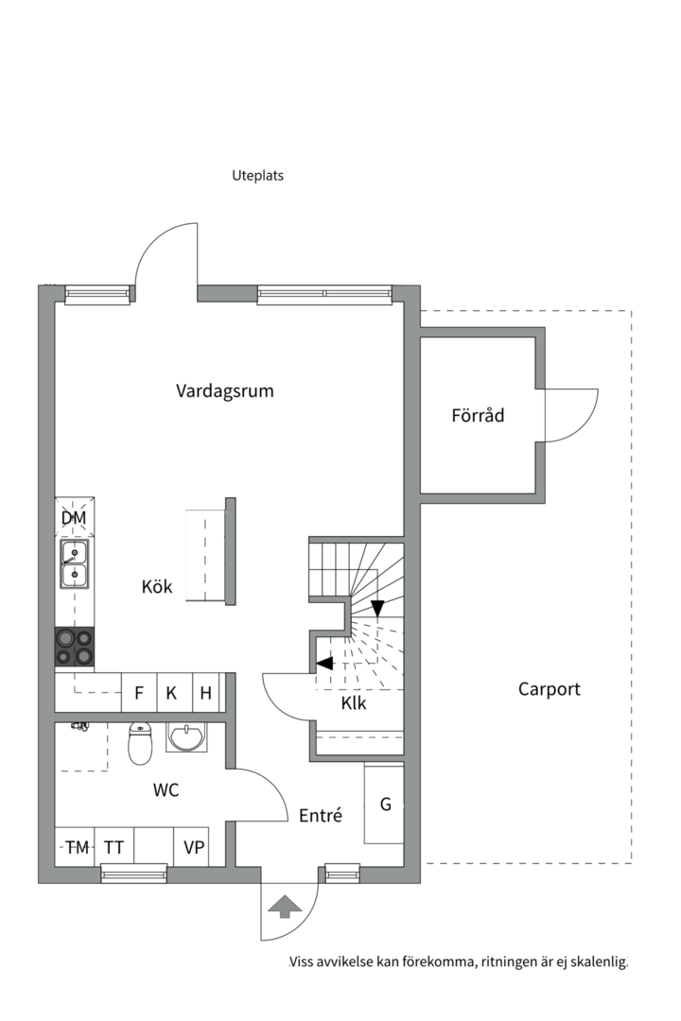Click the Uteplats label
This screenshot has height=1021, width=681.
pos(257,175)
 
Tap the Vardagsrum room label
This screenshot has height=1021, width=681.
pos(225,390)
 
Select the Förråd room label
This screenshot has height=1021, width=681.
pos(478,414)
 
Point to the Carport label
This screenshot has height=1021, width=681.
pos(549,689)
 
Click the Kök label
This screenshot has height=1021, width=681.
pos(157,587)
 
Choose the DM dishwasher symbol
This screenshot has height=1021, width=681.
pos(74,517)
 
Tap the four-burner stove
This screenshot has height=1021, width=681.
pos(75,648)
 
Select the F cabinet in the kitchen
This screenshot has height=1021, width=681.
pos(139,693)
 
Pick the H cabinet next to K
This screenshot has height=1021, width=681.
pos(205,693)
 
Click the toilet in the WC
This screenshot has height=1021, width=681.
pos(140,742)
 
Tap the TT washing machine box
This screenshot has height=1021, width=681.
pos(113,847)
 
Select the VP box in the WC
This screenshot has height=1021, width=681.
pos(194,847)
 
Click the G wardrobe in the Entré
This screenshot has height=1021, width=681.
pos(385,805)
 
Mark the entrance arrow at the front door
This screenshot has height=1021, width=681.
pos(285,907)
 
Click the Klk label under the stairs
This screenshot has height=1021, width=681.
pos(354,703)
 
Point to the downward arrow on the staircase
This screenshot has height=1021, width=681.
pos(377,608)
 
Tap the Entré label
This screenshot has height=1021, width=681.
pos(321,815)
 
